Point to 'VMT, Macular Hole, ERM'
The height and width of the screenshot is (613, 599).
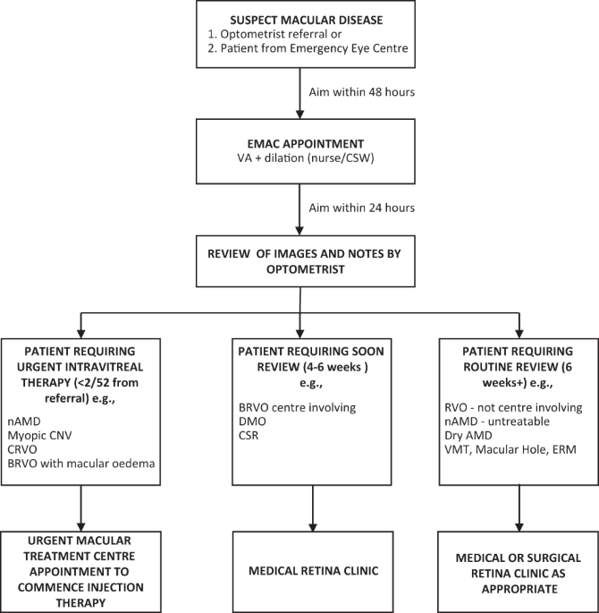(503, 453)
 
